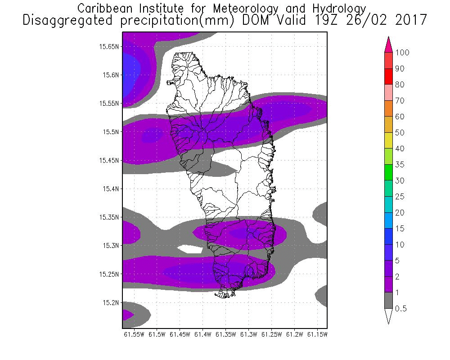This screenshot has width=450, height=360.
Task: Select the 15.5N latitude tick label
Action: tap(111, 132)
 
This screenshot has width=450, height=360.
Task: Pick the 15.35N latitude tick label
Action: tap(109, 217)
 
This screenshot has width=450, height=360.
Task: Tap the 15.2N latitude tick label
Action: tap(111, 302)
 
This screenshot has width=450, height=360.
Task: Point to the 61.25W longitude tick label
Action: tap(272, 334)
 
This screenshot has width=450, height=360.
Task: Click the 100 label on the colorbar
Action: tap(402, 53)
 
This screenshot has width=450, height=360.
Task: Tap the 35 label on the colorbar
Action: tap(399, 165)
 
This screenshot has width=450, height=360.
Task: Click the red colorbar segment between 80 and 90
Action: tap(389, 76)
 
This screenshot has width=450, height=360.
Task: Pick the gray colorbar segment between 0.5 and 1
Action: tap(389, 300)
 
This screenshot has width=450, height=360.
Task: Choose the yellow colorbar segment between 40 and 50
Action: tap(389, 140)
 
